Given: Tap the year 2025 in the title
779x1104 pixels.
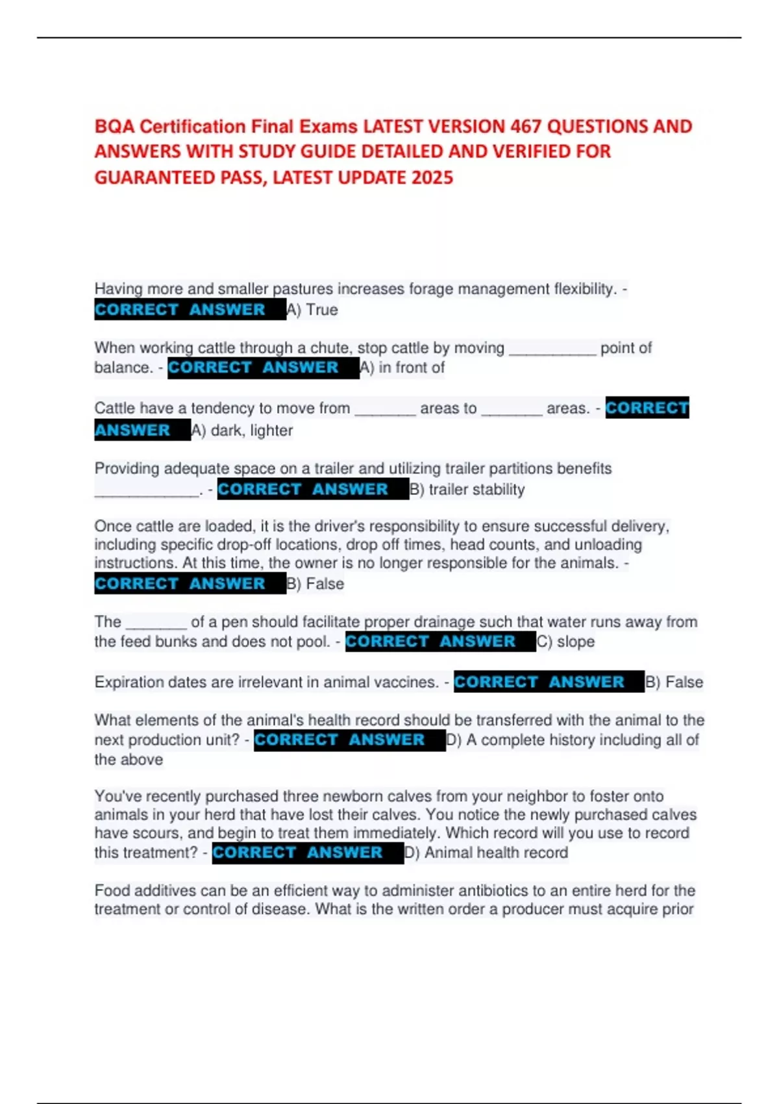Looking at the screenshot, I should pos(432,177).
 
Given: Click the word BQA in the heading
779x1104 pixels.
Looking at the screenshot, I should pos(114,126).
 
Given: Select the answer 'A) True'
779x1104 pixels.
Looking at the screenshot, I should pos(313,310).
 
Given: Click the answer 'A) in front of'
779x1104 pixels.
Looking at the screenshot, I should pos(402,368).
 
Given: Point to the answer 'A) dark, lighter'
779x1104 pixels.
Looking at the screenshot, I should pos(242,430).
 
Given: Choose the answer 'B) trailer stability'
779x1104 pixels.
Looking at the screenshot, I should pos(467,489).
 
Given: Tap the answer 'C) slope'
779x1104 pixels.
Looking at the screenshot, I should pos(566,642).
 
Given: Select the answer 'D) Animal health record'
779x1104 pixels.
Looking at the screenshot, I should pos(486,853).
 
